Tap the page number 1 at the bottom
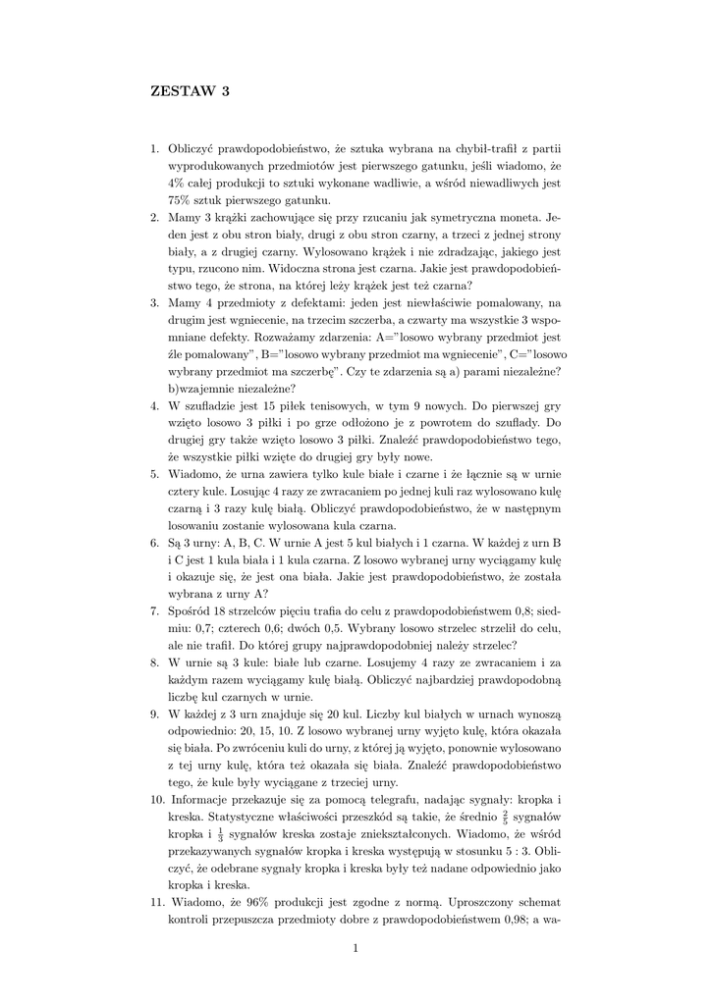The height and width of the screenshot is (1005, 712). pos(355,947)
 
